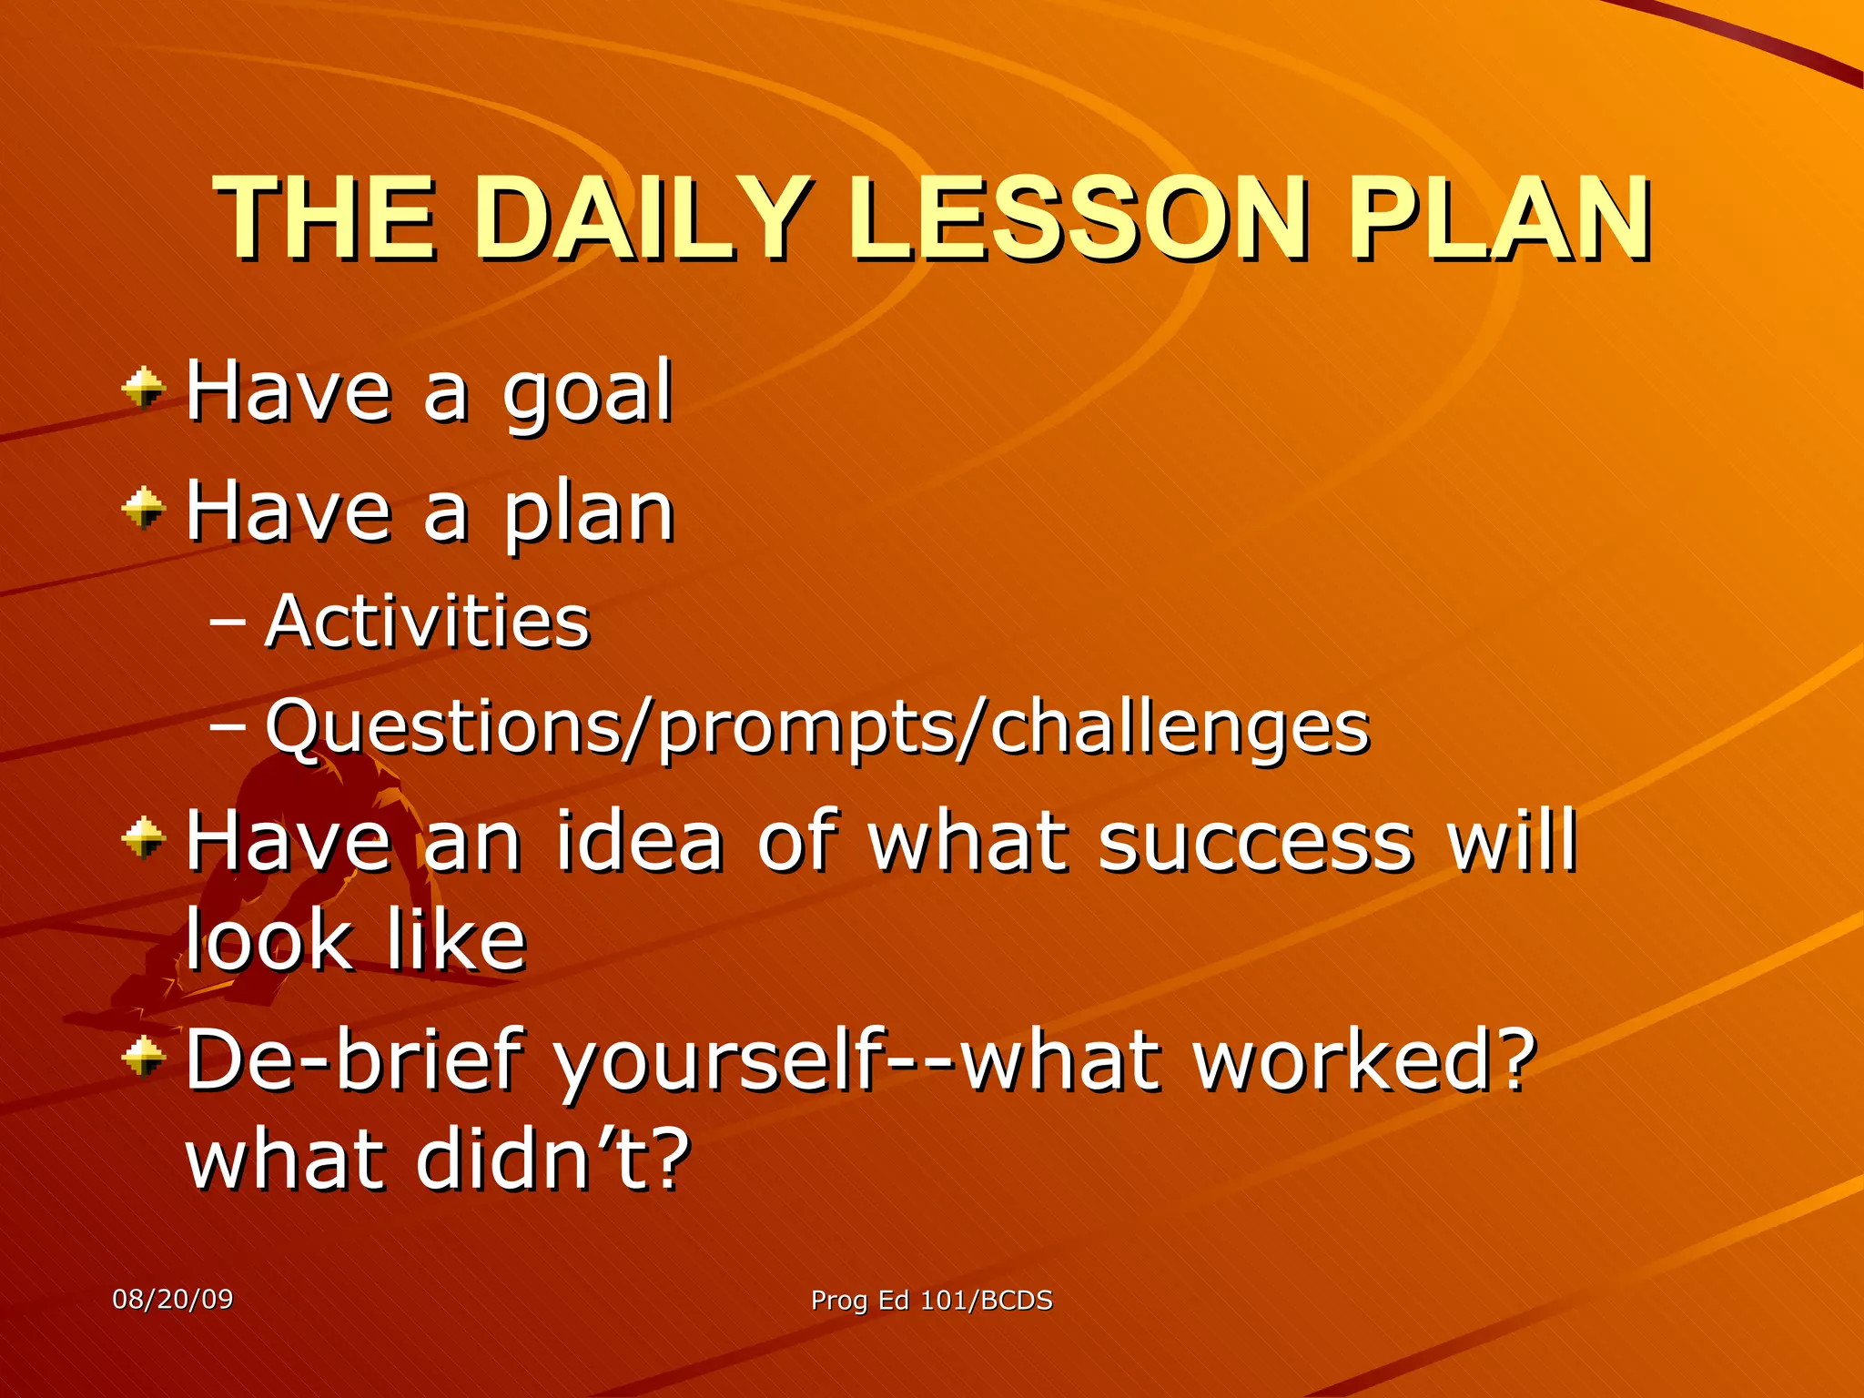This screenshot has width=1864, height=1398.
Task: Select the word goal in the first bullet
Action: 587,393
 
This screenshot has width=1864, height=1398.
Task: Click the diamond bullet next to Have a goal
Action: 144,389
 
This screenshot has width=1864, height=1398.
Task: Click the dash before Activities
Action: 227,623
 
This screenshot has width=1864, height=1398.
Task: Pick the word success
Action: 1256,841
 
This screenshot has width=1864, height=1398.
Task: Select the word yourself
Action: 719,1060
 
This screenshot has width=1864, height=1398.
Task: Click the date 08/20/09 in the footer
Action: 172,1299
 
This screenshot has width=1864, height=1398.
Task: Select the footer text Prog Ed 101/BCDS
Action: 931,1301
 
